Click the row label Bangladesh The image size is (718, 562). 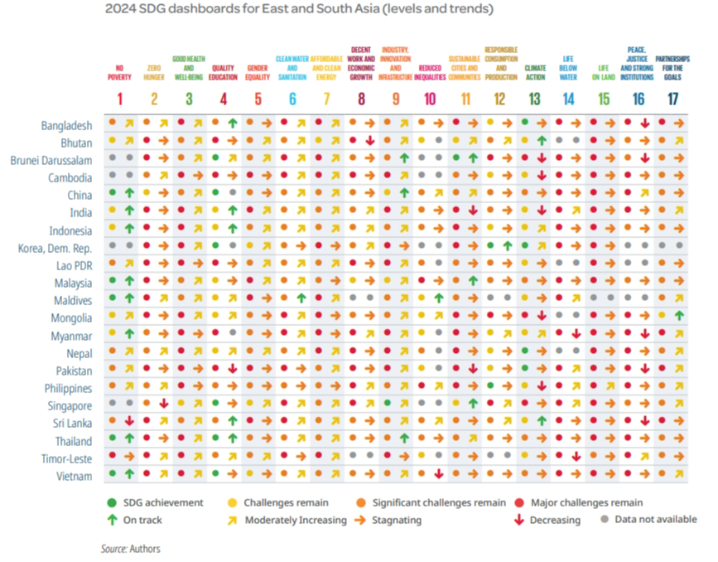(66, 125)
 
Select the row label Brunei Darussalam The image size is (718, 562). (49, 160)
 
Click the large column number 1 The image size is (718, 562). (119, 99)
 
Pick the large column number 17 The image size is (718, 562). (672, 99)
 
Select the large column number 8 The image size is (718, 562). (361, 99)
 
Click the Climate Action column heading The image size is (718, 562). (535, 74)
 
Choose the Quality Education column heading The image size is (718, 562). (224, 74)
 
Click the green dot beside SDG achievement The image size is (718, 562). (112, 502)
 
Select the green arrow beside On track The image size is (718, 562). (112, 521)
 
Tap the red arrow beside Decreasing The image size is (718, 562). (518, 521)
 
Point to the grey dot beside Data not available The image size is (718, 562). (606, 520)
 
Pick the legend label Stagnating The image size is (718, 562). (398, 521)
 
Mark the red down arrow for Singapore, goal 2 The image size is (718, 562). (164, 404)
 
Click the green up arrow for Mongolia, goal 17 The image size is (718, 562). (679, 315)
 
